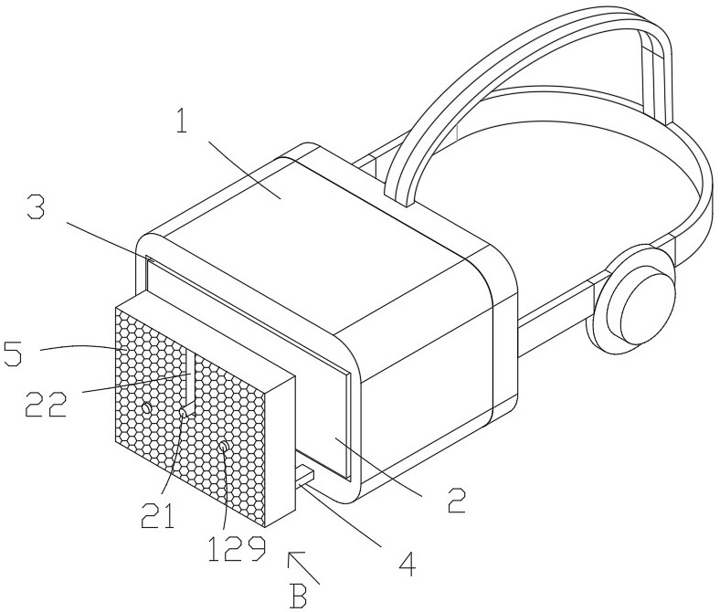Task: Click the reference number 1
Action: pos(183,117)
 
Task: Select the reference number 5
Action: pos(13,352)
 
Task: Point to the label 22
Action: pos(46,404)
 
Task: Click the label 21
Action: pos(157,514)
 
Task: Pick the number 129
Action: pos(237,548)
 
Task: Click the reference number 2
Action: pos(456,500)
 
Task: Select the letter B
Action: pos(298,596)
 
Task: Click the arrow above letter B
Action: pos(303,568)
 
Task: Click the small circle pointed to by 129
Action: pos(224,446)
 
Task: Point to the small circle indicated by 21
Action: pos(184,413)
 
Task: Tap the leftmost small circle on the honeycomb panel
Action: pos(146,407)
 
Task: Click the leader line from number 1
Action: pos(245,170)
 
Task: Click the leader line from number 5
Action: pos(83,347)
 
